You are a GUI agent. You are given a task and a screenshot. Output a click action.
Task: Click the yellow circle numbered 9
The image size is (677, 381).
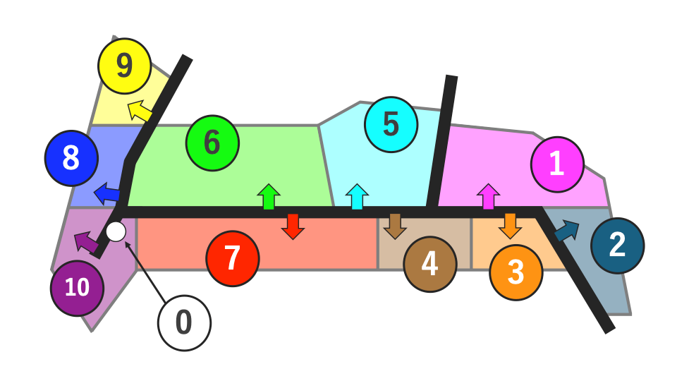click(x=124, y=66)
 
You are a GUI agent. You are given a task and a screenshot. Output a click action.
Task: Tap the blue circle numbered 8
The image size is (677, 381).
click(x=71, y=158)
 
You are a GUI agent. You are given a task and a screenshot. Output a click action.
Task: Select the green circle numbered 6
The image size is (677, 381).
click(x=212, y=143)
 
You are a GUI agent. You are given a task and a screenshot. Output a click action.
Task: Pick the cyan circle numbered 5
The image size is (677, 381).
click(x=391, y=124)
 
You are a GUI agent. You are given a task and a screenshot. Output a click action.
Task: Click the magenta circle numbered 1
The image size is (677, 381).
click(x=557, y=164)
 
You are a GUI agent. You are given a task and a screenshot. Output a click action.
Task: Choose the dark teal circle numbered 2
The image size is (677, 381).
click(x=618, y=246)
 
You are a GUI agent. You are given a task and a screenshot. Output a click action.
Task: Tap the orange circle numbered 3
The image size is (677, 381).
click(x=516, y=272)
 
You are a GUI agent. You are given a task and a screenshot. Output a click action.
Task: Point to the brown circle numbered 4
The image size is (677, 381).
click(x=430, y=264)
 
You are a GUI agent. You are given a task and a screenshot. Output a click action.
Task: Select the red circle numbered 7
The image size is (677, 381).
click(x=233, y=258)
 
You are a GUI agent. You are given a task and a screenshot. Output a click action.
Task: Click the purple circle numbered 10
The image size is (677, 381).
click(x=78, y=288)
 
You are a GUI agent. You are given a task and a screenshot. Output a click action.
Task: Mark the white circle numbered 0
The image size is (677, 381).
click(x=184, y=322)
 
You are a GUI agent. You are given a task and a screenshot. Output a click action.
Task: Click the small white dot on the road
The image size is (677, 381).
click(x=116, y=231)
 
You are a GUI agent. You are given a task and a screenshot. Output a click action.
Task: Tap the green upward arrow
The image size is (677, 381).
click(x=269, y=197)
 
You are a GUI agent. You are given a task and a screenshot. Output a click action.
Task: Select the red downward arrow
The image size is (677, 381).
click(x=293, y=226)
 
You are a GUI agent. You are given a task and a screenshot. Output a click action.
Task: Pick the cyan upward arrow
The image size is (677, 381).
click(x=357, y=197)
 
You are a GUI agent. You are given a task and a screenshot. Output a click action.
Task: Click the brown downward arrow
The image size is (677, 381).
click(x=395, y=226)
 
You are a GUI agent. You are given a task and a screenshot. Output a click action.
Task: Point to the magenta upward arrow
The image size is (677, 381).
click(x=488, y=197)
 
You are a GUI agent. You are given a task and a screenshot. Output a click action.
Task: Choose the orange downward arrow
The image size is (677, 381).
click(x=511, y=226)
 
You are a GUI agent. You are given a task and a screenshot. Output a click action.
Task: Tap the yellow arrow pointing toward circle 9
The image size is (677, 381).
click(x=140, y=110)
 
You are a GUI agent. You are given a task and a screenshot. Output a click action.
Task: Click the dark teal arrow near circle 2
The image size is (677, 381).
click(x=567, y=230)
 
